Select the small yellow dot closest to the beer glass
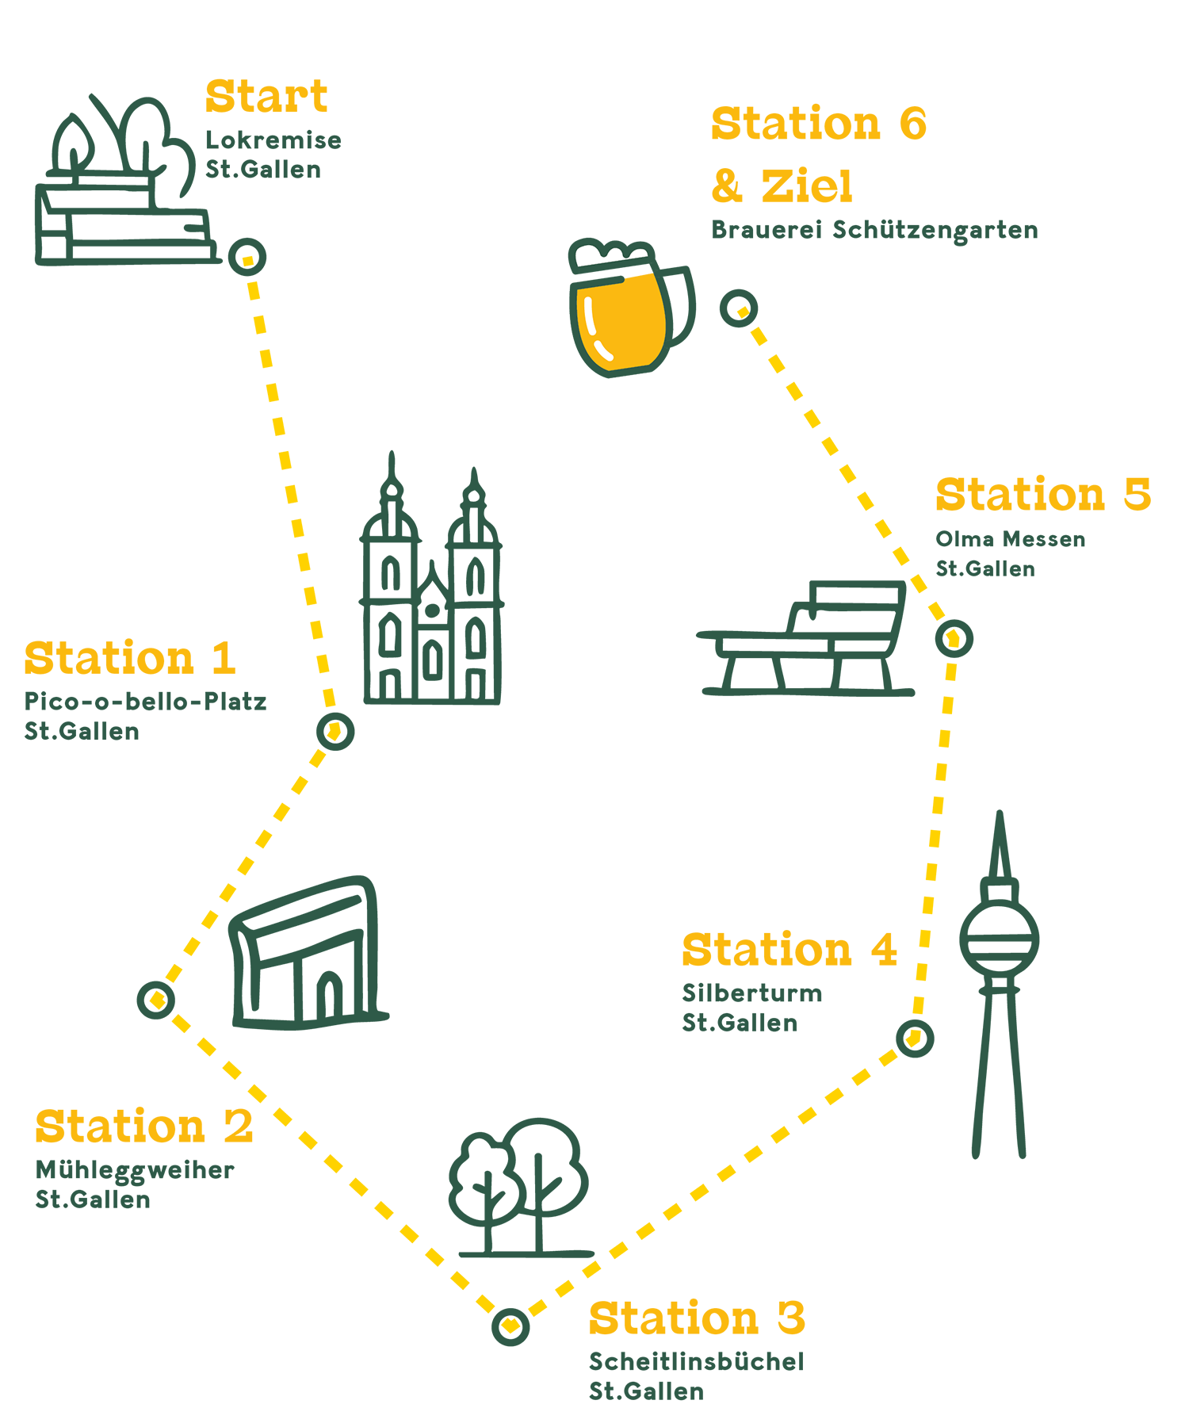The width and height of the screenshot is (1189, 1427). pyautogui.click(x=741, y=310)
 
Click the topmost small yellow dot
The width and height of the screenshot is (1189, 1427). pyautogui.click(x=248, y=258)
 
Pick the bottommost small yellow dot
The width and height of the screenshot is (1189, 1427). pyautogui.click(x=510, y=1325)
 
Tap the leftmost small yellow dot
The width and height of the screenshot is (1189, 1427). pyautogui.click(x=157, y=999)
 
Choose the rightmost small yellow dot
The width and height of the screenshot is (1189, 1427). pyautogui.click(x=953, y=638)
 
